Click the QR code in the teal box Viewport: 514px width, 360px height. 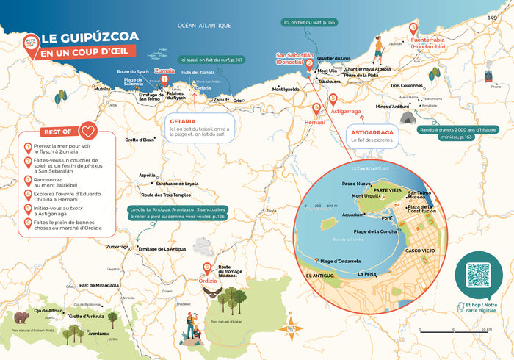[478, 275]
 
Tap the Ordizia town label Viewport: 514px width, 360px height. [208, 278]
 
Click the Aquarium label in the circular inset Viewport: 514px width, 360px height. [353, 215]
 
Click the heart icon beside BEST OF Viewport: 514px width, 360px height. [89, 132]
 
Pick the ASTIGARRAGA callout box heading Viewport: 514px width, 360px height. [370, 133]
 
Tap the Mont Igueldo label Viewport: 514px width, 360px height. [286, 90]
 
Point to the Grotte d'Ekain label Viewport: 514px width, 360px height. [140, 140]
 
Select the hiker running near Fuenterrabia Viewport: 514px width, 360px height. [377, 50]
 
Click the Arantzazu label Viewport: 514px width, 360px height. [98, 333]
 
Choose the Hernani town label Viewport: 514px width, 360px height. [314, 123]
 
